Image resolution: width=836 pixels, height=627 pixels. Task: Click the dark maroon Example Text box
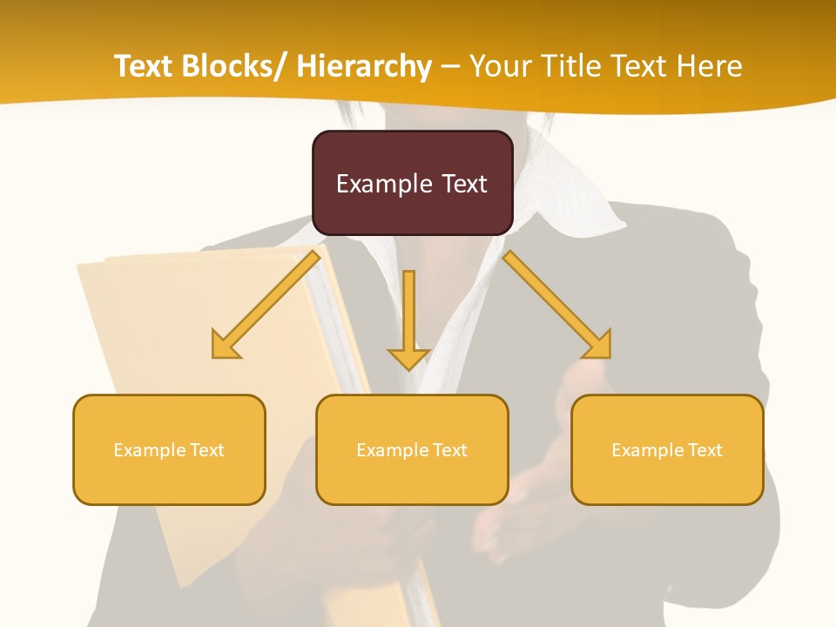pos(412,183)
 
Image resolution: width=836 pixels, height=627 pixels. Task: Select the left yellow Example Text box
pos(169,449)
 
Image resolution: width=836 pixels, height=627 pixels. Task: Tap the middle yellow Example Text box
pos(412,449)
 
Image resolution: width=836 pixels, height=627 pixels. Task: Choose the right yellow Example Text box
pos(667,449)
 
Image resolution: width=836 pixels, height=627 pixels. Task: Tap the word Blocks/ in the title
pos(236,66)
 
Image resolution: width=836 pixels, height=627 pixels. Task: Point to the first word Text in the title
pos(144,66)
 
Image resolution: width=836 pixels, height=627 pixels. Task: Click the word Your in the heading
pos(499,66)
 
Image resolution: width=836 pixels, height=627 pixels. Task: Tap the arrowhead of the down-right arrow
pos(599,346)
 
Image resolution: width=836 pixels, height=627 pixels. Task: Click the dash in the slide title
pos(450,66)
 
